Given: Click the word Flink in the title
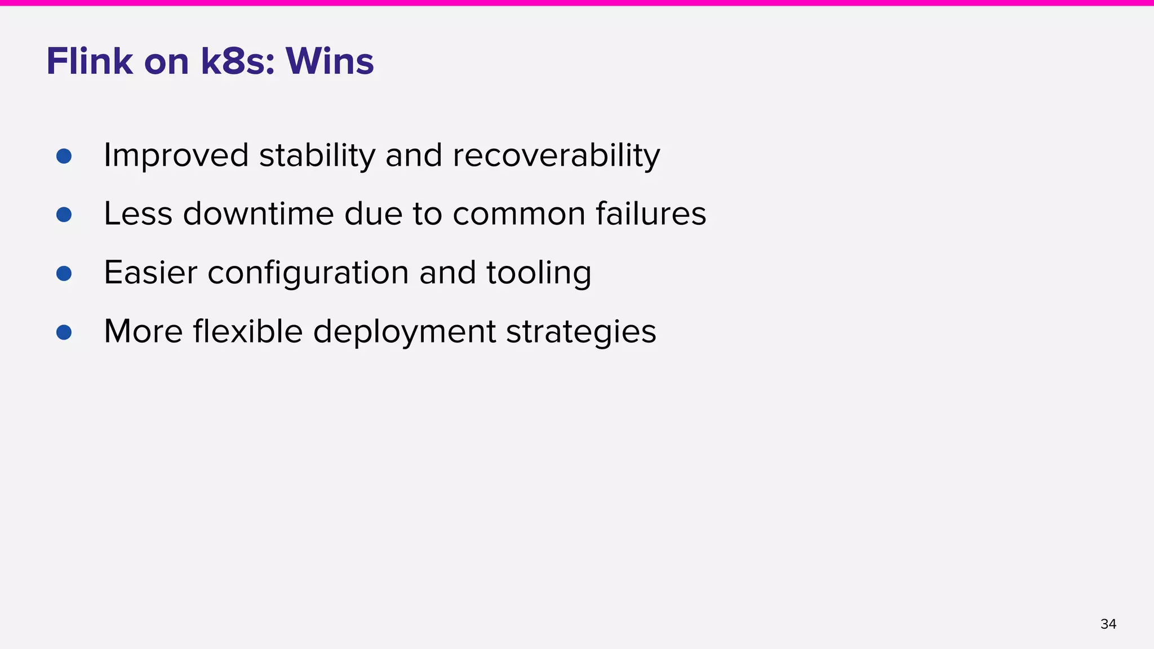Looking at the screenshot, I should tap(90, 61).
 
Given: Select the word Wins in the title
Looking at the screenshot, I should tap(330, 61).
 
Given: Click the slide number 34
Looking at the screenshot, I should tap(1108, 624).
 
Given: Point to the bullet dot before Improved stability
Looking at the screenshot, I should tap(64, 156).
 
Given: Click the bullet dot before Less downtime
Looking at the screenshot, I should tap(64, 215).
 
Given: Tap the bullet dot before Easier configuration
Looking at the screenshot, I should tap(64, 273).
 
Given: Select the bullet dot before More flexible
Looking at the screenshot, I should tap(64, 332).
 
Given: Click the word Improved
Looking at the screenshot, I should tap(176, 155).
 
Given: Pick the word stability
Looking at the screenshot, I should tap(317, 155).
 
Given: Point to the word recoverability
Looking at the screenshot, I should tap(556, 155).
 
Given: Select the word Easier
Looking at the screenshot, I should tap(150, 273).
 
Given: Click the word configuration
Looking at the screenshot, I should tap(308, 274).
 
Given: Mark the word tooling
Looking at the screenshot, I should tap(539, 274).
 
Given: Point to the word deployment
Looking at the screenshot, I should tap(405, 332).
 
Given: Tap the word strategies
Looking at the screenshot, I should tap(581, 332).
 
